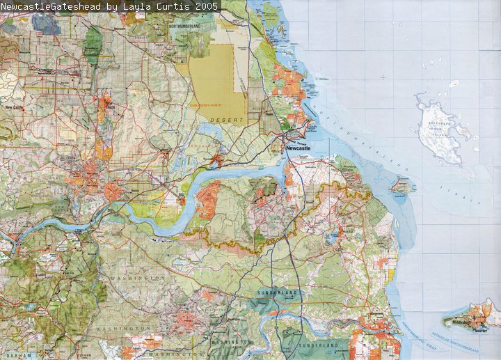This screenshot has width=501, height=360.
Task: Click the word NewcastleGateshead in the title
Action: (x=52, y=6)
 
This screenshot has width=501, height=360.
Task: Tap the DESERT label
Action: (x=230, y=120)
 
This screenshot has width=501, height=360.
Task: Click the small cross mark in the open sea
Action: (x=383, y=77)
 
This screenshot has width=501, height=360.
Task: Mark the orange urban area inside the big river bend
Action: (x=208, y=199)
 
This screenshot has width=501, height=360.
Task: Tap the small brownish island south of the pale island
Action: (x=401, y=185)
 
